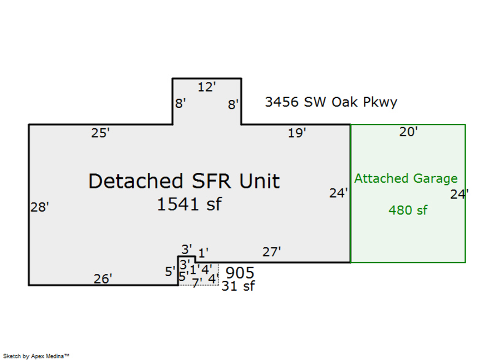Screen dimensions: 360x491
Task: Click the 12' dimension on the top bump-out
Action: (207, 86)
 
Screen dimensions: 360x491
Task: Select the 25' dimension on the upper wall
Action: (100, 133)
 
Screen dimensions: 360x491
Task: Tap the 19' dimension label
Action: (297, 133)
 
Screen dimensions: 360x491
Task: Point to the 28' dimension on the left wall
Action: (40, 207)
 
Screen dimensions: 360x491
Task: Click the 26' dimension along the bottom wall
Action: (103, 279)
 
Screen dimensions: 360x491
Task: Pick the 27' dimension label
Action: (272, 252)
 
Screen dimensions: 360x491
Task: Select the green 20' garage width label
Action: (409, 131)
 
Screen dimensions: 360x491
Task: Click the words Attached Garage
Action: (406, 178)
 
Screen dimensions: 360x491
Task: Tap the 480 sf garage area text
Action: (408, 209)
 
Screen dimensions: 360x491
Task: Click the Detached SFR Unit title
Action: (184, 181)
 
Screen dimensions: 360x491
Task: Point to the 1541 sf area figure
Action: (189, 205)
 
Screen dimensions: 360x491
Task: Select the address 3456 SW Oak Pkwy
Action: (331, 102)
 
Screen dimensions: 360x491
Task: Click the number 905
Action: (239, 272)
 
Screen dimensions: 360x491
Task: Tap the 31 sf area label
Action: (238, 285)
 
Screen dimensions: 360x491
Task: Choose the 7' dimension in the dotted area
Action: (197, 281)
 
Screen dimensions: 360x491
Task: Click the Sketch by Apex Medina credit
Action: (35, 356)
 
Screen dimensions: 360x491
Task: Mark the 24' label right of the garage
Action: (459, 194)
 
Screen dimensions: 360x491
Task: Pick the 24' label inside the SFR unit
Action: (339, 193)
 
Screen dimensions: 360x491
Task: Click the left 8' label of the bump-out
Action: (181, 103)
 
